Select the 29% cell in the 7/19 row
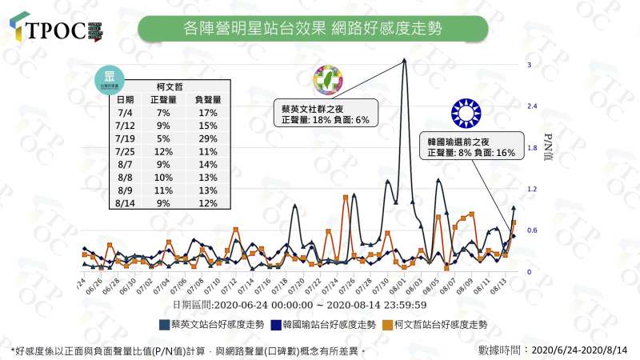(x=207, y=138)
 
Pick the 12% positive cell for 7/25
(x=164, y=151)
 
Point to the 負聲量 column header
(x=207, y=99)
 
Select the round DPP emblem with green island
(x=329, y=80)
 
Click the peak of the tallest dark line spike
(x=405, y=60)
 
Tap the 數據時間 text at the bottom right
(x=551, y=350)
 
